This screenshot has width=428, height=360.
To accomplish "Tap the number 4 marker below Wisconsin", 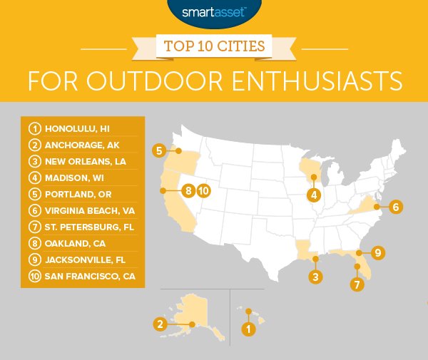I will [x=312, y=195].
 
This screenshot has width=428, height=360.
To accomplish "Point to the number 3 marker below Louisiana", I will [x=312, y=276].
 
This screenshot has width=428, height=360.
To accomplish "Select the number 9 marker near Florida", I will [x=377, y=252].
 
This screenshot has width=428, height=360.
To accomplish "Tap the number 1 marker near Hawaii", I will [x=248, y=329].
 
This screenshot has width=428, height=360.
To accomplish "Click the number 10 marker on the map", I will [x=203, y=190].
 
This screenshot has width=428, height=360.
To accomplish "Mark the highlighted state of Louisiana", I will [x=305, y=251].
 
